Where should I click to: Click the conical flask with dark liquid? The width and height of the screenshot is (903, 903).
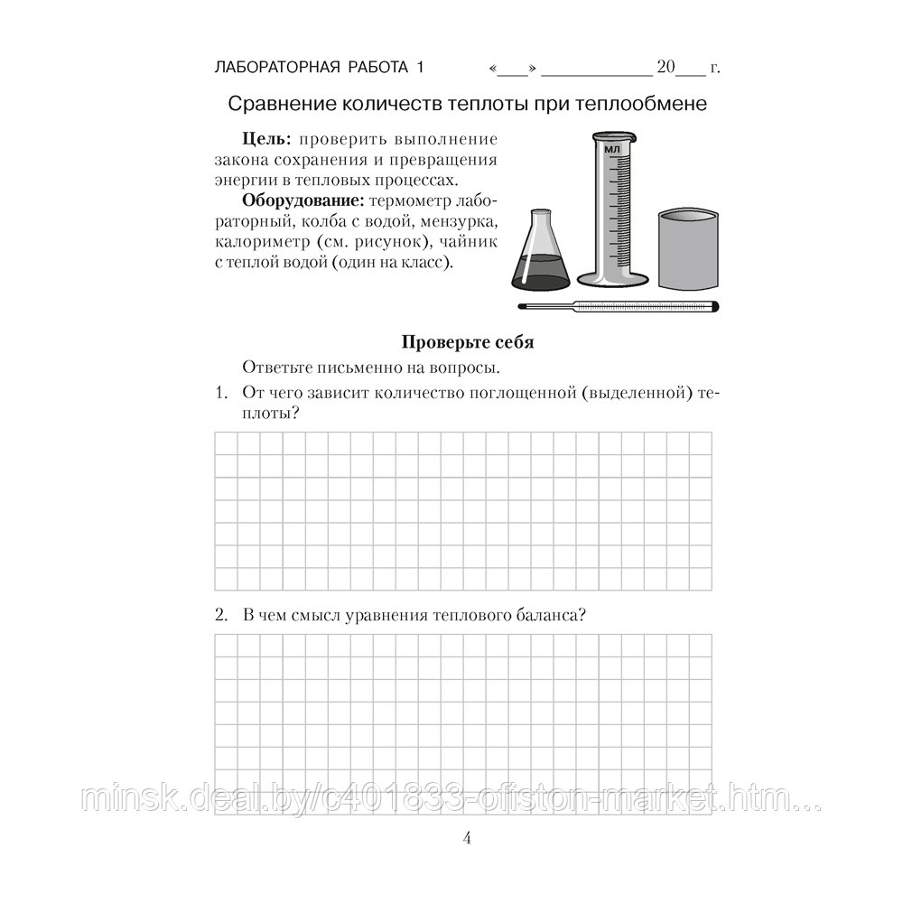pyautogui.click(x=539, y=262)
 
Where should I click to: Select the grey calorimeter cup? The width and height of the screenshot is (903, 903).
pyautogui.click(x=690, y=249)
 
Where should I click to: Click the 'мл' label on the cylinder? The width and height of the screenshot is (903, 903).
pyautogui.click(x=613, y=149)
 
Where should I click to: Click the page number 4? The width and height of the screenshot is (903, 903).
pyautogui.click(x=467, y=837)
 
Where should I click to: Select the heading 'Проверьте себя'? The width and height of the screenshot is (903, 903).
pyautogui.click(x=467, y=342)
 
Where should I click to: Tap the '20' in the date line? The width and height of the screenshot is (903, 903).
pyautogui.click(x=666, y=68)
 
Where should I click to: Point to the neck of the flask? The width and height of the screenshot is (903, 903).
pyautogui.click(x=539, y=226)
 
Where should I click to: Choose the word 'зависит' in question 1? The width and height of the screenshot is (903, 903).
pyautogui.click(x=330, y=394)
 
